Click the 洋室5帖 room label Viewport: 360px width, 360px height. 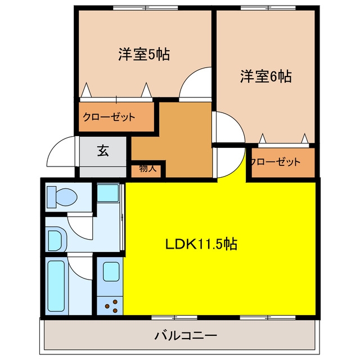coord(144,54)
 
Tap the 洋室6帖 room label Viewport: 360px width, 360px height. coord(266,76)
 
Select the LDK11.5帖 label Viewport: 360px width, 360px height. coord(201,244)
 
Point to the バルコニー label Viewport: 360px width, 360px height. coord(186,336)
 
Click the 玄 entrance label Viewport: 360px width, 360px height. coord(103,151)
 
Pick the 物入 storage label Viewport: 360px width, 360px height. coord(148,169)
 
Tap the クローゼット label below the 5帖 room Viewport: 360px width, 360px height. coord(109,117)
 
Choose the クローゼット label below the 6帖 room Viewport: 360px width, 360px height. coord(276,162)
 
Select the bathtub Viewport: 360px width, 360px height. coord(56,286)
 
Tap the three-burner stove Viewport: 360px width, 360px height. coord(111,306)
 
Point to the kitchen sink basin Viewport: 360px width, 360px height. coord(111,272)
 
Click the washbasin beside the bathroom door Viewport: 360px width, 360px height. coord(57,240)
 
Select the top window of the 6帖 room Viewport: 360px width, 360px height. coord(268,8)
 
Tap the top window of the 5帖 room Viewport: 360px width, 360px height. coord(146,8)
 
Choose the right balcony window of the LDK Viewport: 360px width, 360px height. coord(268,317)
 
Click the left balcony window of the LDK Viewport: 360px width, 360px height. coord(174,317)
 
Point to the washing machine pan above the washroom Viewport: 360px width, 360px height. coord(107,193)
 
